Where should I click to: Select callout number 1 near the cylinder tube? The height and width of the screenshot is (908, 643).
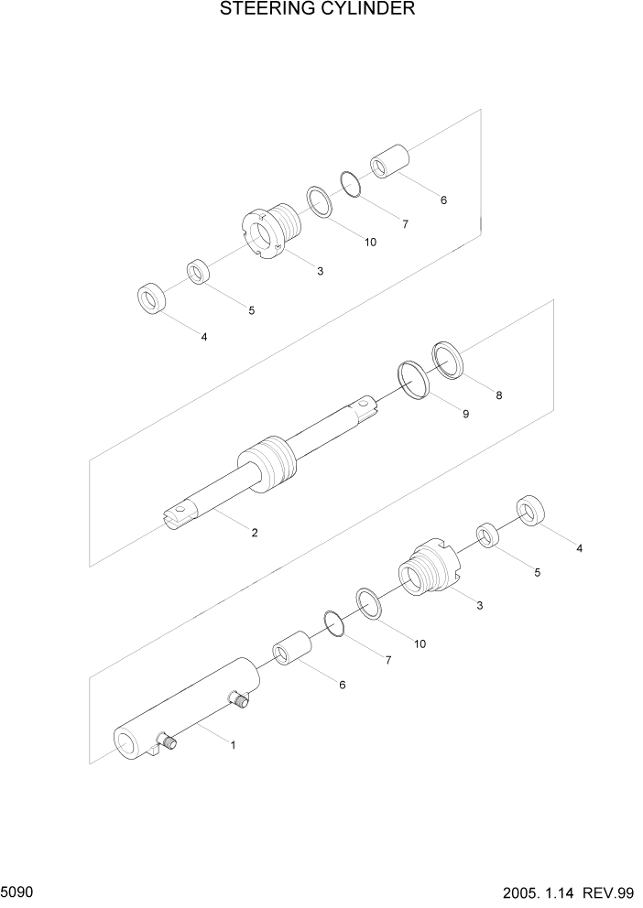233,745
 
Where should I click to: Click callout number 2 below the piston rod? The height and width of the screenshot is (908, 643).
254,532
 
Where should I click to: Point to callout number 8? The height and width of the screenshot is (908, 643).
498,395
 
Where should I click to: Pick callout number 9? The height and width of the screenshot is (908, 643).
465,414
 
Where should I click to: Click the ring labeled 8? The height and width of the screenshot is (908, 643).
449,359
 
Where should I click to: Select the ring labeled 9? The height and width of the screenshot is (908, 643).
415,379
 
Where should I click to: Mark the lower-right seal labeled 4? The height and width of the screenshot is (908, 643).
531,512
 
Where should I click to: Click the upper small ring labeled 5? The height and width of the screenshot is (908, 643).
199,273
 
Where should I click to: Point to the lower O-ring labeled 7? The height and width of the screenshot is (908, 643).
335,623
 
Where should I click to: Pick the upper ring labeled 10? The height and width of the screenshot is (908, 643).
319,201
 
